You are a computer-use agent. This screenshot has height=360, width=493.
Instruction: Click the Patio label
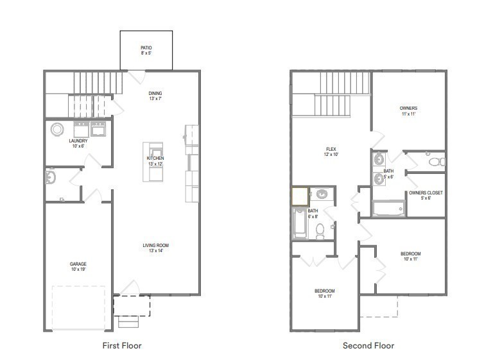point(146,48)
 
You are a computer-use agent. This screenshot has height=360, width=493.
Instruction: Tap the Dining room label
point(155,93)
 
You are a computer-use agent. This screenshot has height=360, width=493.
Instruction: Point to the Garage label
point(78,264)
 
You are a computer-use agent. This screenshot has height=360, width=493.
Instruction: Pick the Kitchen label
point(155,158)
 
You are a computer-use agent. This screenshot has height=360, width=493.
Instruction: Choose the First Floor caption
point(122,345)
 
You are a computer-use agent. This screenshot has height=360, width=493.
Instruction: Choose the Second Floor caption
point(368,345)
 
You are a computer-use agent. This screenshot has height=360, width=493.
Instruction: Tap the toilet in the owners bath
point(437,161)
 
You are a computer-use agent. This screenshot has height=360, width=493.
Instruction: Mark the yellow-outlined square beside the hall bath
point(299,196)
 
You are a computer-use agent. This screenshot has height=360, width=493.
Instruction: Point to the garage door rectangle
point(78,309)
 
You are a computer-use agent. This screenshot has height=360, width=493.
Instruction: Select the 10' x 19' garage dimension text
point(78,270)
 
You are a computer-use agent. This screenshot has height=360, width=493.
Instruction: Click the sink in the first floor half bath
point(51,176)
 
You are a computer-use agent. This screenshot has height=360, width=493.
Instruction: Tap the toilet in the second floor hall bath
point(320,232)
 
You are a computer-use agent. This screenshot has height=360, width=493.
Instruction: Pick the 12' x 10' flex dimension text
point(331,155)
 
